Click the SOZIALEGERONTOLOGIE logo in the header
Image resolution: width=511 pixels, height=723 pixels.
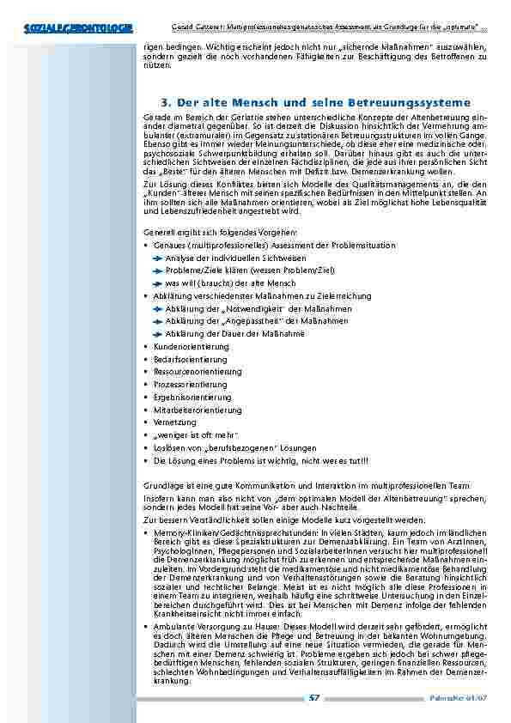point(79,30)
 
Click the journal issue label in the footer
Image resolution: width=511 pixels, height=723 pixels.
point(468,700)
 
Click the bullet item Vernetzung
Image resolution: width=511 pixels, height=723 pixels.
point(175,422)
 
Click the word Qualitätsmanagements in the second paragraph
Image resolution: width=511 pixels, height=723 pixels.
point(394,185)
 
